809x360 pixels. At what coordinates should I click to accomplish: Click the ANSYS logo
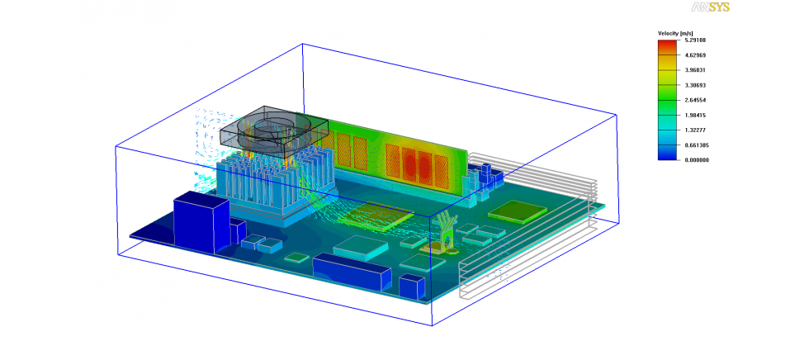(711, 7)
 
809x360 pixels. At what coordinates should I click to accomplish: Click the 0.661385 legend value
(698, 145)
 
